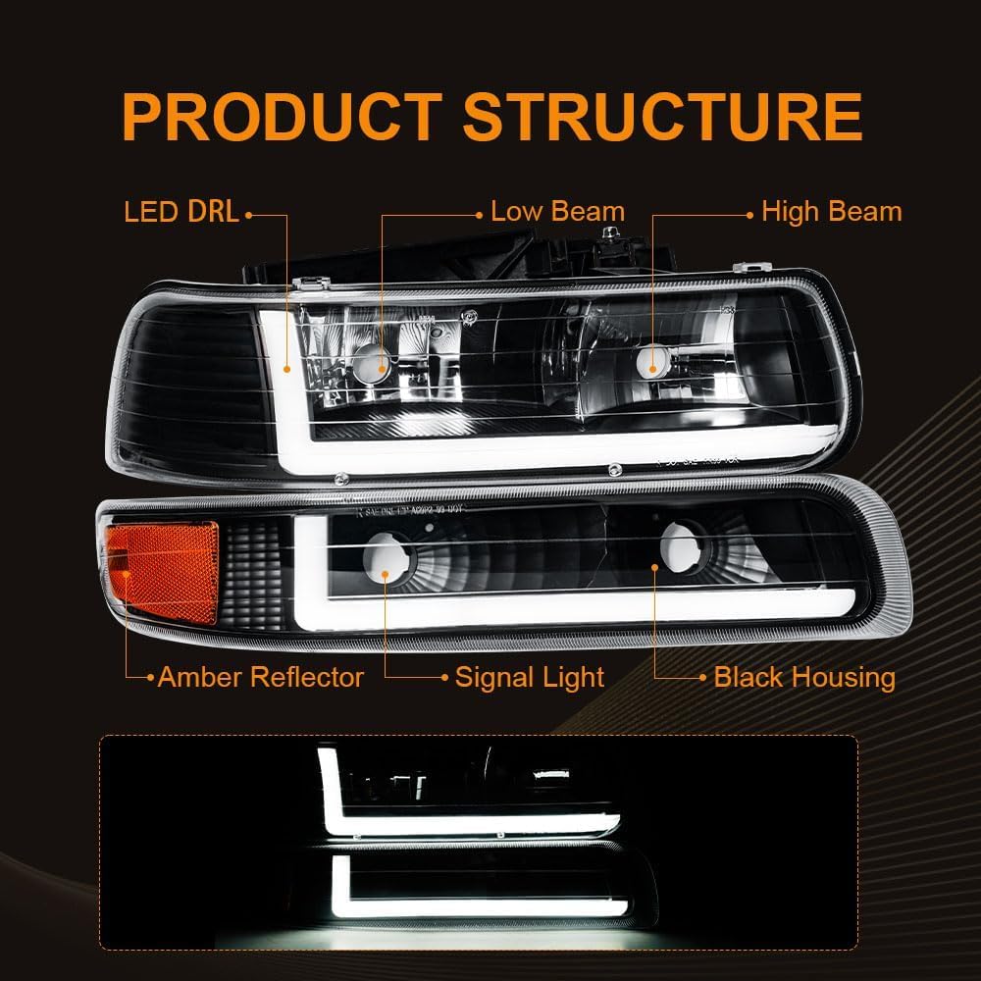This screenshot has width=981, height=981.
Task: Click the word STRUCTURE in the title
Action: pyautogui.click(x=662, y=118)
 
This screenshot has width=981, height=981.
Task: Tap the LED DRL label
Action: pyautogui.click(x=181, y=213)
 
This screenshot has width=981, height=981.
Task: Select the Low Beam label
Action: pyautogui.click(x=557, y=212)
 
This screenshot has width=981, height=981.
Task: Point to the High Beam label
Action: pyautogui.click(x=831, y=212)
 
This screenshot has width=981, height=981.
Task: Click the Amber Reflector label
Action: pyautogui.click(x=260, y=677)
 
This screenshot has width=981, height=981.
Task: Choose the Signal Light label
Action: pyautogui.click(x=530, y=677)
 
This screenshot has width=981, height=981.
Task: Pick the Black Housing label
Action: pyautogui.click(x=804, y=677)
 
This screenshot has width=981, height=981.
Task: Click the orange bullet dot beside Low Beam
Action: pyautogui.click(x=481, y=213)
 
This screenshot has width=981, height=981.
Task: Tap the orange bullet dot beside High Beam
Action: pyautogui.click(x=751, y=213)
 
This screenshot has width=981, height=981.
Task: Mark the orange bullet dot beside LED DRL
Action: pyautogui.click(x=249, y=213)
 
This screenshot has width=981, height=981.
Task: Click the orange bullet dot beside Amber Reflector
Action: pyautogui.click(x=150, y=677)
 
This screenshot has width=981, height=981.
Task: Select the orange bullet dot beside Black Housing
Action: pyautogui.click(x=704, y=677)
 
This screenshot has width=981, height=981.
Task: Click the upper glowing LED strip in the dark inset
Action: pyautogui.click(x=471, y=824)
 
